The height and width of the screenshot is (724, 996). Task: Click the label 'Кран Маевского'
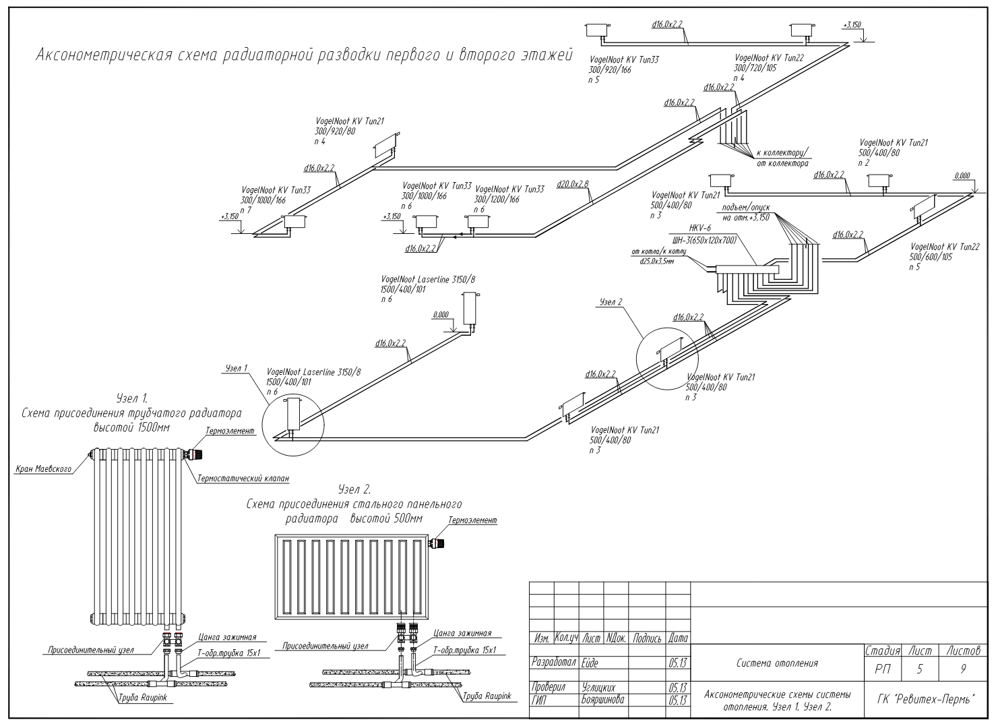click(43, 469)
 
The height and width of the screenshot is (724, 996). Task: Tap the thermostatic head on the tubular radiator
click(195, 454)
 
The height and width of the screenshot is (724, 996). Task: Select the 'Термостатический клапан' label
click(243, 479)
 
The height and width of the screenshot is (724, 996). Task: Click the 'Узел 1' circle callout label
click(236, 368)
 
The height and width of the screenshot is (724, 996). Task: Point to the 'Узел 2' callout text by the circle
click(611, 302)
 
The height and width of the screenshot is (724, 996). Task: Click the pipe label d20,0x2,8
click(573, 183)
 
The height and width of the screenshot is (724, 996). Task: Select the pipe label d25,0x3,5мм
click(657, 262)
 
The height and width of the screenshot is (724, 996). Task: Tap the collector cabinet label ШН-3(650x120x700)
click(705, 240)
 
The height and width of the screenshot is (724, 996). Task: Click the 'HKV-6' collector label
click(700, 228)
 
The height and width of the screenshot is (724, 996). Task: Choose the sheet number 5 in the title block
click(920, 669)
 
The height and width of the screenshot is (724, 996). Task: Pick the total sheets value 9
click(963, 669)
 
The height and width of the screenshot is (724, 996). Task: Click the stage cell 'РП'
click(882, 669)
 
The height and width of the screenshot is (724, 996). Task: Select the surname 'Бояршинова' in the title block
click(602, 700)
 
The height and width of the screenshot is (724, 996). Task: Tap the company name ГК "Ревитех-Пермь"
click(926, 700)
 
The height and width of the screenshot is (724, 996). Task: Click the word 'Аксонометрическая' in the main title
click(104, 55)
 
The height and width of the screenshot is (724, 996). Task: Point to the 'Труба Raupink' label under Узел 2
click(487, 696)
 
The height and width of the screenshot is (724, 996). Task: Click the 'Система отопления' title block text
click(777, 663)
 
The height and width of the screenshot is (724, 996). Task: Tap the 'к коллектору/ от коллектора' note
click(782, 158)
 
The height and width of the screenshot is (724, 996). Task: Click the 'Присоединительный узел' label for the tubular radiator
click(91, 650)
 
